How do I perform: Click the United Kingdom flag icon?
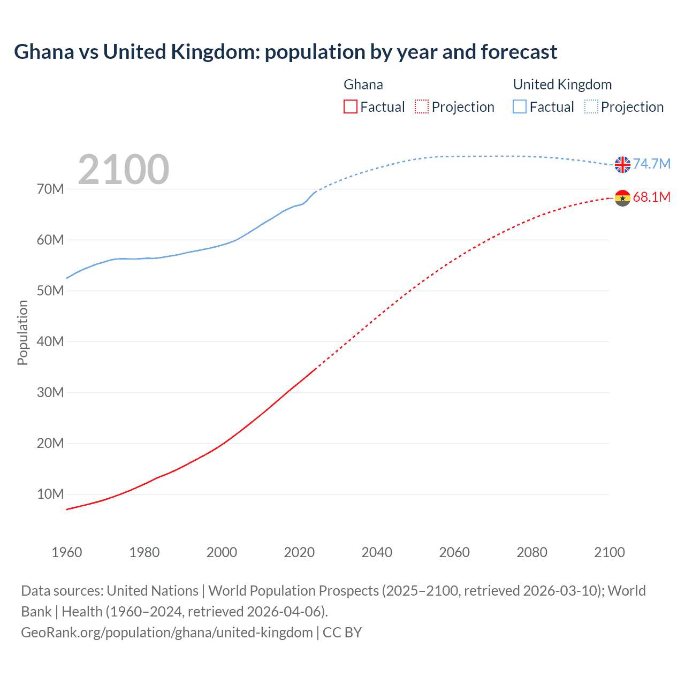click(x=622, y=165)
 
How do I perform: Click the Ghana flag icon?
click(x=622, y=198)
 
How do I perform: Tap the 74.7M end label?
click(x=651, y=164)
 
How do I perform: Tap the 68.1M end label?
click(x=651, y=197)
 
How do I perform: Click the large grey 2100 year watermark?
click(x=124, y=170)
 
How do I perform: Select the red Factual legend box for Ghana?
click(x=350, y=106)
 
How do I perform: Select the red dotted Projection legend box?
click(x=422, y=106)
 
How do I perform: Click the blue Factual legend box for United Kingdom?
click(x=520, y=106)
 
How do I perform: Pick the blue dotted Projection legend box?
click(x=591, y=106)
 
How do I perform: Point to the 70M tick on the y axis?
click(x=50, y=189)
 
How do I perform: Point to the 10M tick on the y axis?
click(x=50, y=494)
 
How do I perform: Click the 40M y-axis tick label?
click(x=50, y=341)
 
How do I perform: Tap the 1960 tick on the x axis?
click(x=67, y=552)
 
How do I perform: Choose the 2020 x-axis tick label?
click(x=299, y=552)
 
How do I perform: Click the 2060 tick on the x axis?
click(x=454, y=552)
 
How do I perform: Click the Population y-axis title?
click(x=22, y=332)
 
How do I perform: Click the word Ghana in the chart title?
click(x=44, y=52)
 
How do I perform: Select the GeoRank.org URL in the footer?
click(x=167, y=633)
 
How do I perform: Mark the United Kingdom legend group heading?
click(x=562, y=85)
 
